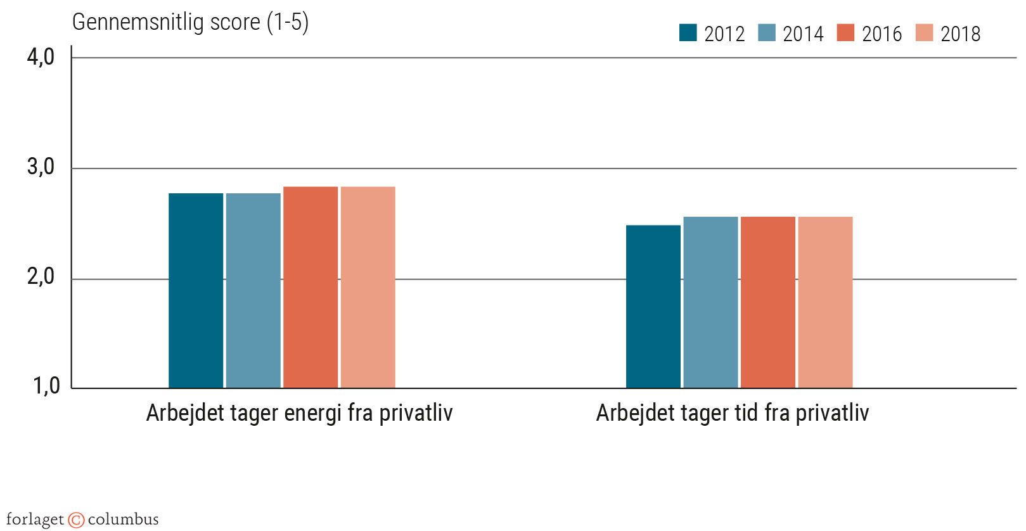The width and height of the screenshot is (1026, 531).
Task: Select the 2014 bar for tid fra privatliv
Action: coord(710,302)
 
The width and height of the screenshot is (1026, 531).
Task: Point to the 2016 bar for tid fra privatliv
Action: coord(768,302)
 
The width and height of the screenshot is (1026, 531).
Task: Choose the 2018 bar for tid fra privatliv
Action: coord(825,302)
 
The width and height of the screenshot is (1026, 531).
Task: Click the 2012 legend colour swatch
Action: coord(688,32)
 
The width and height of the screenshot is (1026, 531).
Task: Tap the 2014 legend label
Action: coord(803,34)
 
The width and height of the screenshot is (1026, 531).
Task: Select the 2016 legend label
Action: coord(882,34)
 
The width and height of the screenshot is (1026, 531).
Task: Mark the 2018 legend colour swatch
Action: coord(925,32)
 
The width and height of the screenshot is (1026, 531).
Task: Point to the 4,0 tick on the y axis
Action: coord(41,58)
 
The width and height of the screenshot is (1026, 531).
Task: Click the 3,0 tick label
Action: coord(41,168)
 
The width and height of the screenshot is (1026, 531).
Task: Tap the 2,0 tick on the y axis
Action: coord(41,278)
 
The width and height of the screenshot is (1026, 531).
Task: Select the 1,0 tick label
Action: coord(46,386)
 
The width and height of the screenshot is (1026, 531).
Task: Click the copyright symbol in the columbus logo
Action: coord(76,520)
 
